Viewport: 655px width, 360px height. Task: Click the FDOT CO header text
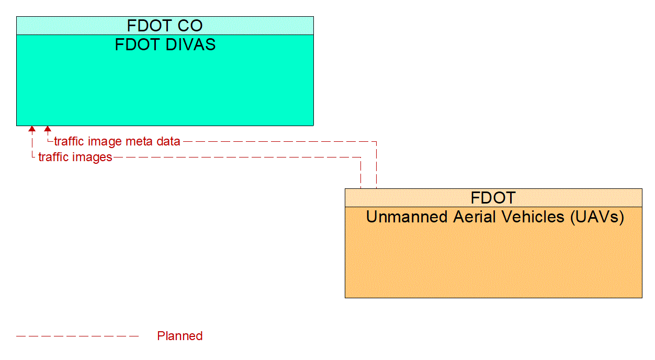(x=165, y=26)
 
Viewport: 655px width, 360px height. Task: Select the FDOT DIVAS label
(x=165, y=44)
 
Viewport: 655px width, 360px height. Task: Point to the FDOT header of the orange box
(x=493, y=198)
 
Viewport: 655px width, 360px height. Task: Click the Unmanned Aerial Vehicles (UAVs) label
(x=495, y=217)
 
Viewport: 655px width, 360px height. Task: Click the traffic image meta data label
(x=117, y=141)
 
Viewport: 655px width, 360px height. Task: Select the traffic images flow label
(x=75, y=157)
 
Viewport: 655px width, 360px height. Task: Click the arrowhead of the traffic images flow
(x=32, y=129)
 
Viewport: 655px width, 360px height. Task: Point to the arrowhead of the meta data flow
(x=48, y=129)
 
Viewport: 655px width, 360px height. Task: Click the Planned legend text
(x=179, y=336)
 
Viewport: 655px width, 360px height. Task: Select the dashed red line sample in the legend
(x=77, y=336)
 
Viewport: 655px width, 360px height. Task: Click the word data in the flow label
(x=168, y=141)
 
